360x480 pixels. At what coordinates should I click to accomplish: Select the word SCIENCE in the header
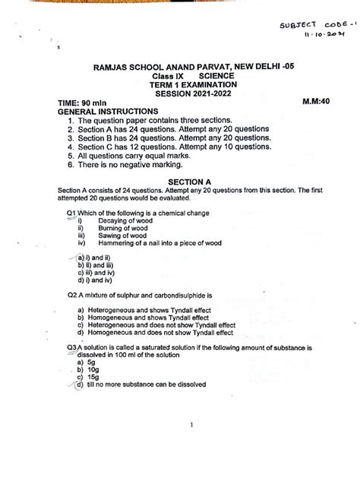click(216, 77)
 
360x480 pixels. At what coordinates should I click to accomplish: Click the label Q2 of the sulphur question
click(65, 293)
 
